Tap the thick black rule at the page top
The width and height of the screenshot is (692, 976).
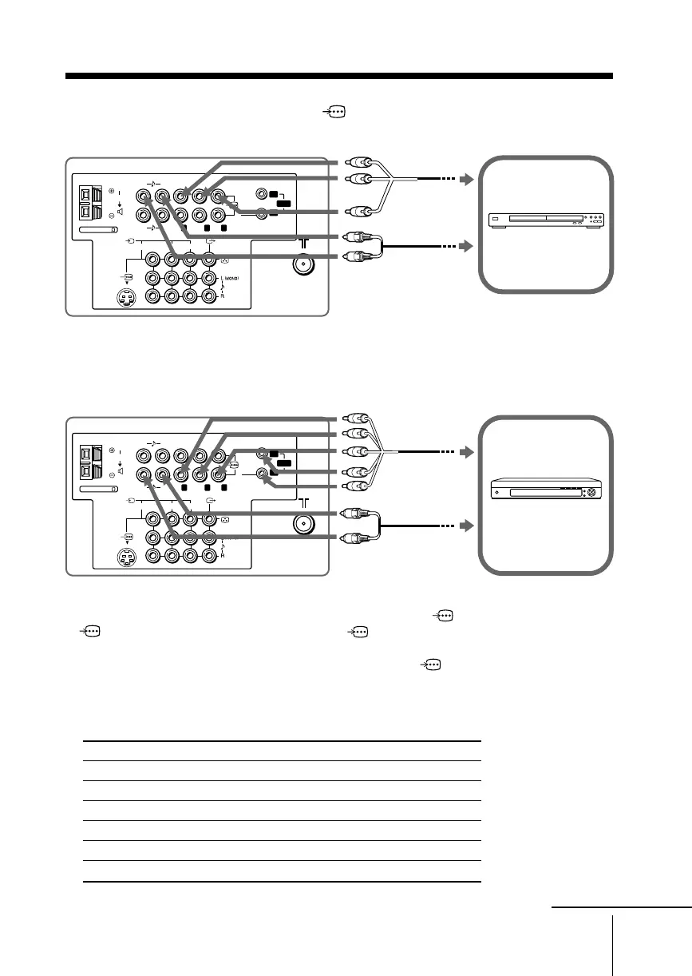pos(338,77)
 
